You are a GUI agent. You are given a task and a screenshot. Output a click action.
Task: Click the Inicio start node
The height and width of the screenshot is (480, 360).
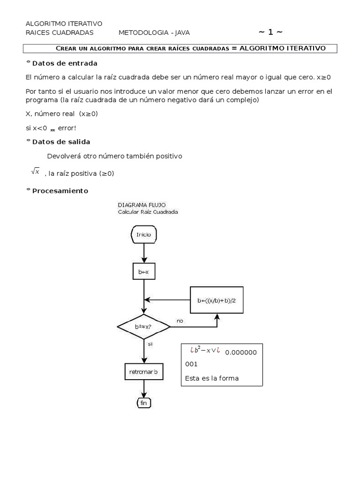click(143, 235)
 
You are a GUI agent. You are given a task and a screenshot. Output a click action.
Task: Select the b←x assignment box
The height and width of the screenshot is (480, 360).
click(143, 271)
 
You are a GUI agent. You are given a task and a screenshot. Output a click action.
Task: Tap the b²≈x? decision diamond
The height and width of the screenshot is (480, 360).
click(143, 326)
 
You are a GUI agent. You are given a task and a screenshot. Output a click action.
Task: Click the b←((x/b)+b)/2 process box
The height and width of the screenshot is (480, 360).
click(217, 300)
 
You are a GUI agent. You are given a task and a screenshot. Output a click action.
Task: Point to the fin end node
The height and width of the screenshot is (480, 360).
click(143, 403)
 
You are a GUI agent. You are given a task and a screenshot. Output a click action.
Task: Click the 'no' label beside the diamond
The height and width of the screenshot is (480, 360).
click(180, 321)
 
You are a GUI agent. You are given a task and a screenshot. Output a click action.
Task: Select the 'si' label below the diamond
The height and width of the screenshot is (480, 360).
click(150, 344)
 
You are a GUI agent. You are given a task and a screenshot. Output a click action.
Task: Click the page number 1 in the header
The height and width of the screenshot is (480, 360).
click(270, 32)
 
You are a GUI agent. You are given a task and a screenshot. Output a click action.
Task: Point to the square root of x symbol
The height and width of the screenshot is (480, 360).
click(36, 172)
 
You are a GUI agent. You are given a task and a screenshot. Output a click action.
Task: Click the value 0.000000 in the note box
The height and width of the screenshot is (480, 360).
click(241, 352)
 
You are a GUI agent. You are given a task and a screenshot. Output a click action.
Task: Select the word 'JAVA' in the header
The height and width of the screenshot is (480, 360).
click(180, 32)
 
